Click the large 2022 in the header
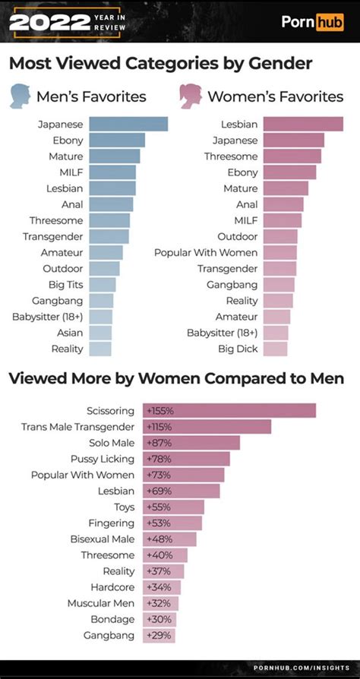pos(50,22)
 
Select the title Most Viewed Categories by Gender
pos(160,63)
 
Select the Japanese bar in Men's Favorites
pos(128,125)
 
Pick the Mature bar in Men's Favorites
pos(114,156)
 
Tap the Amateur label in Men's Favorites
pos(62,252)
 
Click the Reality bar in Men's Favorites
pos(99,349)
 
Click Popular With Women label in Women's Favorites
pos(205,252)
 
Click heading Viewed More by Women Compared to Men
pos(176,378)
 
